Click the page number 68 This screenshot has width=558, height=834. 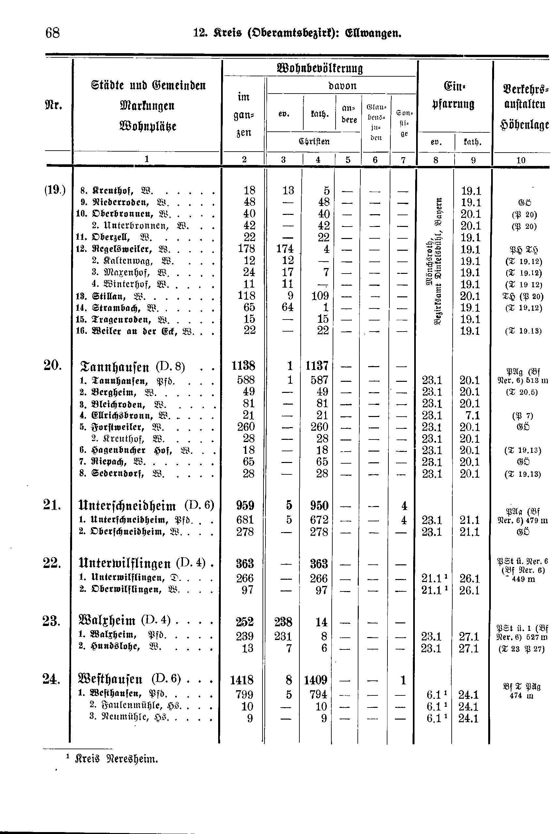click(x=53, y=33)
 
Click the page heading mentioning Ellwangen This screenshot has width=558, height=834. click(x=297, y=34)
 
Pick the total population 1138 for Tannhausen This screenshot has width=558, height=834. click(x=243, y=366)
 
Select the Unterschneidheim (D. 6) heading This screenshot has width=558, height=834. click(x=146, y=506)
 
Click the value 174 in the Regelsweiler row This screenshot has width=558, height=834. click(x=285, y=249)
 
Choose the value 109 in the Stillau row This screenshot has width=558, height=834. click(x=320, y=296)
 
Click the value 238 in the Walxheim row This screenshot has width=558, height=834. click(x=283, y=622)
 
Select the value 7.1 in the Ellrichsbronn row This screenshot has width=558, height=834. click(x=472, y=416)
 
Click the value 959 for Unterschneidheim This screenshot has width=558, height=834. click(x=245, y=506)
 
